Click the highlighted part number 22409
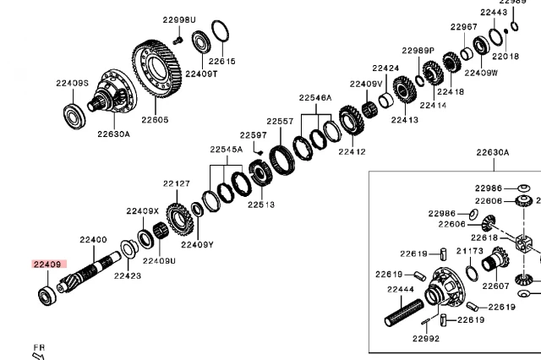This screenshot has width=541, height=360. [47, 264]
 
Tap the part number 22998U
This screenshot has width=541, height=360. [178, 19]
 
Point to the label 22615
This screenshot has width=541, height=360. [222, 61]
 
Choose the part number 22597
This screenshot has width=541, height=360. [253, 134]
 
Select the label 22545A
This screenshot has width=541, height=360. [226, 150]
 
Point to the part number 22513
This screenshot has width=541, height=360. [261, 204]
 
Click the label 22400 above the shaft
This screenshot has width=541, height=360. [93, 240]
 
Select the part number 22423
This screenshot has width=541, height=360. [128, 275]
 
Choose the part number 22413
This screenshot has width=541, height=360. [405, 120]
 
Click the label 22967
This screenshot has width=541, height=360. [463, 27]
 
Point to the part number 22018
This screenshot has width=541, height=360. [505, 56]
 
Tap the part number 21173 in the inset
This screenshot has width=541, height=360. [470, 251]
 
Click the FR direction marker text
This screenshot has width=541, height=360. [38, 346]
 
